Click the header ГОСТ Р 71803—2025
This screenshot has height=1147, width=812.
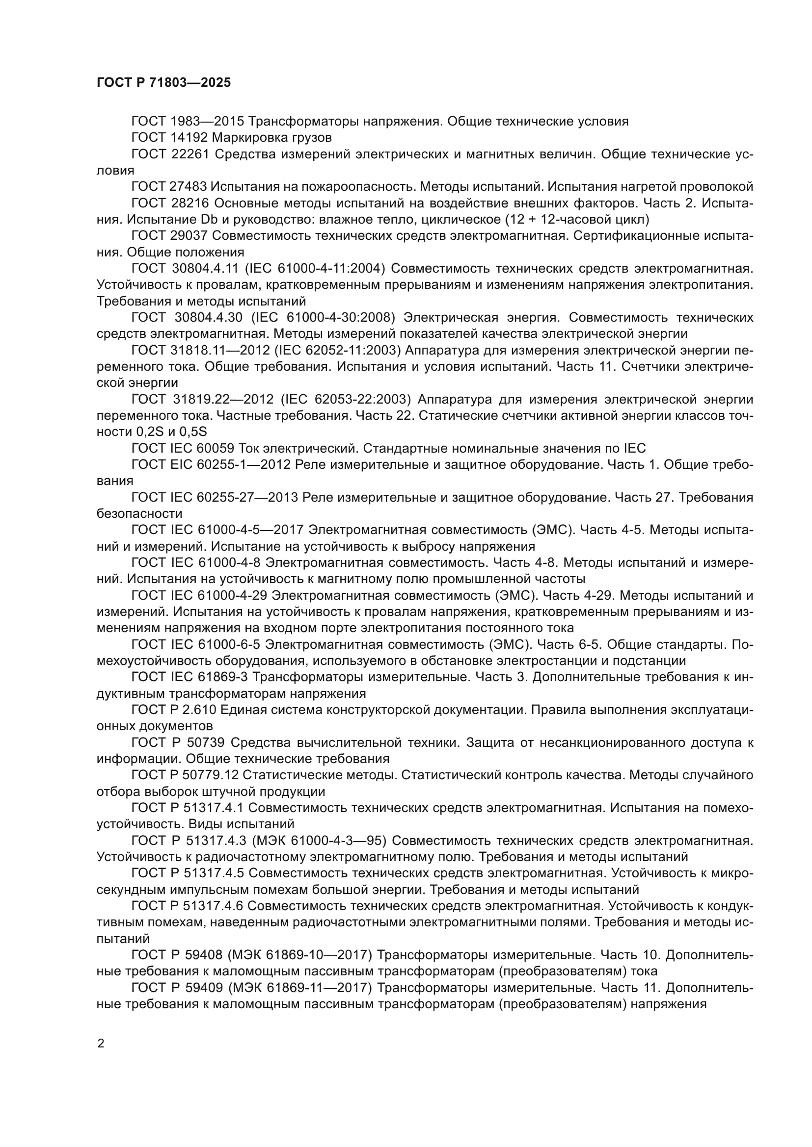click(x=163, y=83)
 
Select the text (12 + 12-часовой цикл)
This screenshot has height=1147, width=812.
click(x=577, y=219)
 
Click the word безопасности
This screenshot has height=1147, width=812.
click(x=139, y=513)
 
